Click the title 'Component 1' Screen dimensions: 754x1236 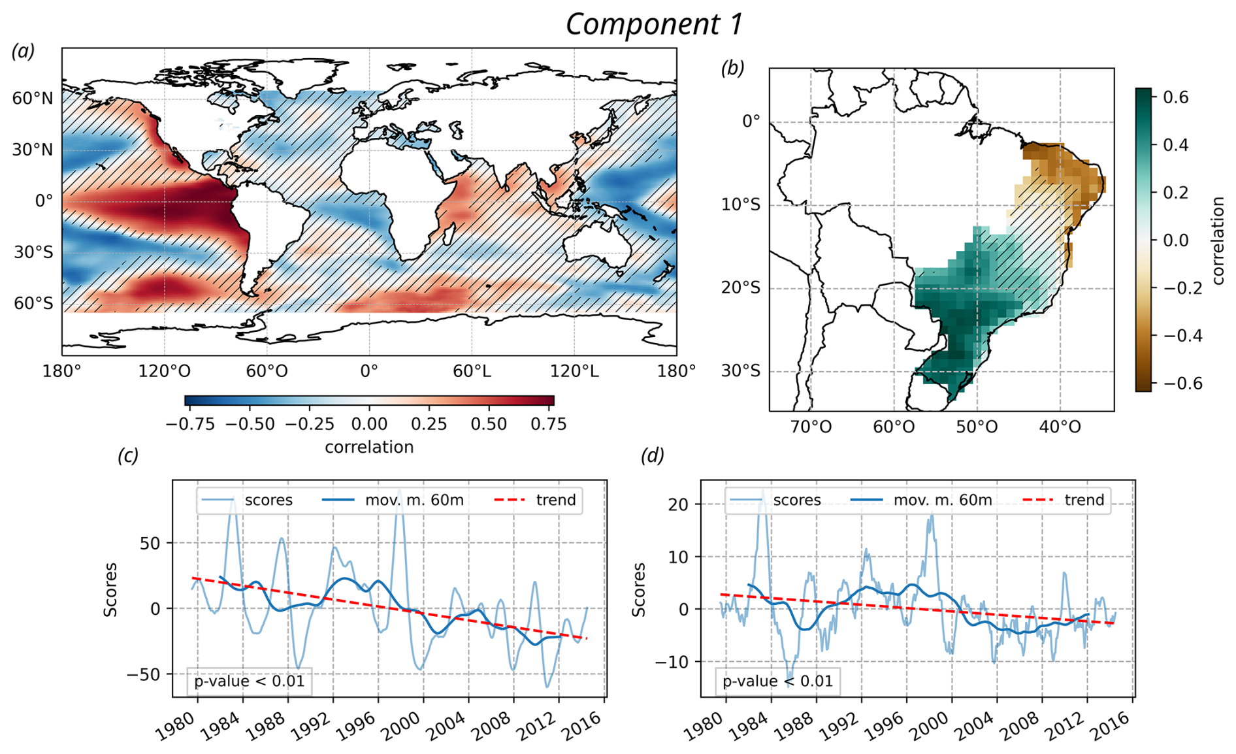pos(654,24)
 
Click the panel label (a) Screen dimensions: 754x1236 pos(24,51)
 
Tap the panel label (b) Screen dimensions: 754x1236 pos(732,68)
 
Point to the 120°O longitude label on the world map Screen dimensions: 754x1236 pos(164,372)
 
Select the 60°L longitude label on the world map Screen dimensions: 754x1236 pos(472,372)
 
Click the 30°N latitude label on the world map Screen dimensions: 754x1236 pos(33,150)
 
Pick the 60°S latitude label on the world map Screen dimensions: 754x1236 pos(33,303)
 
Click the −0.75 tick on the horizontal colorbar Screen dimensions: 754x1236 pos(190,424)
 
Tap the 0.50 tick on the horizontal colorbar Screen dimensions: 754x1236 pos(489,424)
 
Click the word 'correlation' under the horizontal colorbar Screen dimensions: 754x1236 pos(369,447)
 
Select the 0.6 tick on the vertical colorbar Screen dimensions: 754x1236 pos(1175,97)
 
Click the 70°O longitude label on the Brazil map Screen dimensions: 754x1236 pos(811,427)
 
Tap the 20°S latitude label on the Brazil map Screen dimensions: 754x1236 pos(741,288)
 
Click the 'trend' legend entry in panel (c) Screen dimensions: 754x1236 pos(556,500)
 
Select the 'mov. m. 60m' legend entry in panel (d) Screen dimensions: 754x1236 pos(942,500)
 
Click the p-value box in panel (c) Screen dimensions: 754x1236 pos(249,681)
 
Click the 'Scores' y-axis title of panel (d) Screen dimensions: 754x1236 pos(638,589)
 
